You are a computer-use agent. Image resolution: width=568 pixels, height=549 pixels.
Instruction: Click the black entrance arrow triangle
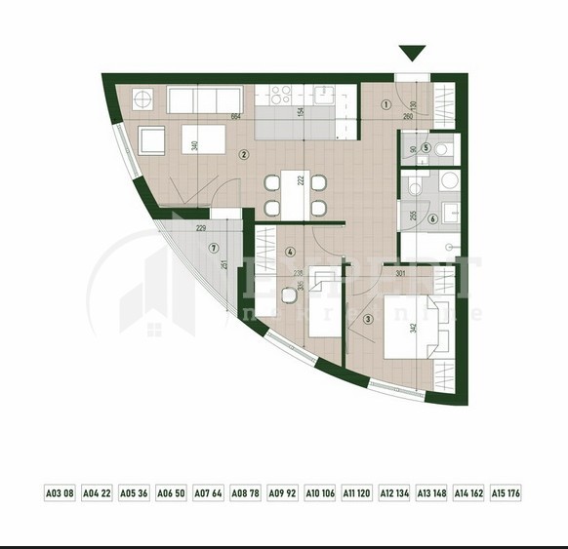[413, 53]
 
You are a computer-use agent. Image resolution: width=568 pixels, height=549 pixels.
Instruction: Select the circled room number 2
[244, 153]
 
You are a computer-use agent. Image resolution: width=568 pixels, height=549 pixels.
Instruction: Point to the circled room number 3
[367, 318]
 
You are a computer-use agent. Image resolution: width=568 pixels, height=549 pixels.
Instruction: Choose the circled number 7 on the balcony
[214, 248]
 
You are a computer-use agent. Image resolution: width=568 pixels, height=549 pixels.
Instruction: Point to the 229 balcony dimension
[200, 229]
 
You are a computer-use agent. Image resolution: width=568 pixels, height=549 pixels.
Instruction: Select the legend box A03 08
[60, 493]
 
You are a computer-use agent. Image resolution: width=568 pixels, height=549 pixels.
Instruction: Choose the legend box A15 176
[506, 493]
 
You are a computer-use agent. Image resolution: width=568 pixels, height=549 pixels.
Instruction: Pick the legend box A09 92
[282, 493]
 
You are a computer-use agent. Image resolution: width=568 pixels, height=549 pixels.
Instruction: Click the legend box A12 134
[394, 493]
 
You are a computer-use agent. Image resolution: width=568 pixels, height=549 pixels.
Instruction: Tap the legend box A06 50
[171, 493]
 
